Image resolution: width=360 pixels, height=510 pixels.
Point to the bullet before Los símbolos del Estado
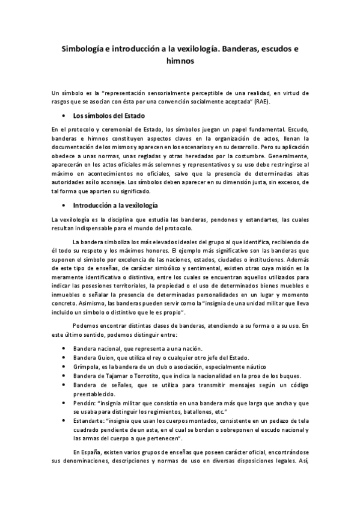pos(64,115)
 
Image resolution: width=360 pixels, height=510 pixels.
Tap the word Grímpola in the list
pos(86,367)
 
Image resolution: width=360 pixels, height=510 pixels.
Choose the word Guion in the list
pos(109,358)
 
